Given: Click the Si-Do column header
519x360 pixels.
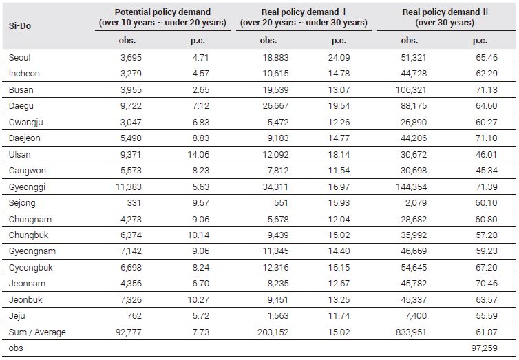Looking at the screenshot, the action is [20, 25].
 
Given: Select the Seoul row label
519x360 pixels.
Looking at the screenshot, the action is [19, 58].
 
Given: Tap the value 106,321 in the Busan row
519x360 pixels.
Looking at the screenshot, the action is [411, 90].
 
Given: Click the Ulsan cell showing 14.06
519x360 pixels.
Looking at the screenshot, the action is [199, 154].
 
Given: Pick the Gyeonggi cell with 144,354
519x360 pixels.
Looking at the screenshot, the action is [412, 187].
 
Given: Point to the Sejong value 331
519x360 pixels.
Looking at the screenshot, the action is [134, 203].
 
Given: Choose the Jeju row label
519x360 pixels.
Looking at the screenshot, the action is [17, 316].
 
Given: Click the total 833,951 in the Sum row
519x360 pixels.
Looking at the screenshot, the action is [411, 332].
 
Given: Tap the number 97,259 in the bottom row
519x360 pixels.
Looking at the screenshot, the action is [485, 348].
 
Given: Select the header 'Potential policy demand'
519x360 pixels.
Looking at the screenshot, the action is [162, 12].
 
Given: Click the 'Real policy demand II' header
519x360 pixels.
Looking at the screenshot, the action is [445, 12].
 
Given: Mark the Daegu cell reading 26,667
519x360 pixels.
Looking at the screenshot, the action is [276, 106].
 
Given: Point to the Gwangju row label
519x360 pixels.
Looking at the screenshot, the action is [26, 123].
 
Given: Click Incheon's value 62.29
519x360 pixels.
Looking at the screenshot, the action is [487, 74].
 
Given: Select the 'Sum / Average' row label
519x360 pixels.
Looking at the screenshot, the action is [37, 332].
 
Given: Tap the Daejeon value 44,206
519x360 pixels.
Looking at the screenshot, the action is [414, 138].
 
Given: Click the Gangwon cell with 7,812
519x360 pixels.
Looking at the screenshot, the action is [278, 171].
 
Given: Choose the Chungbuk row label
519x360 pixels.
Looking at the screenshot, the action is [28, 235].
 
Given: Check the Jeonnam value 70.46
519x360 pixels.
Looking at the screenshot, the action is [487, 284].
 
